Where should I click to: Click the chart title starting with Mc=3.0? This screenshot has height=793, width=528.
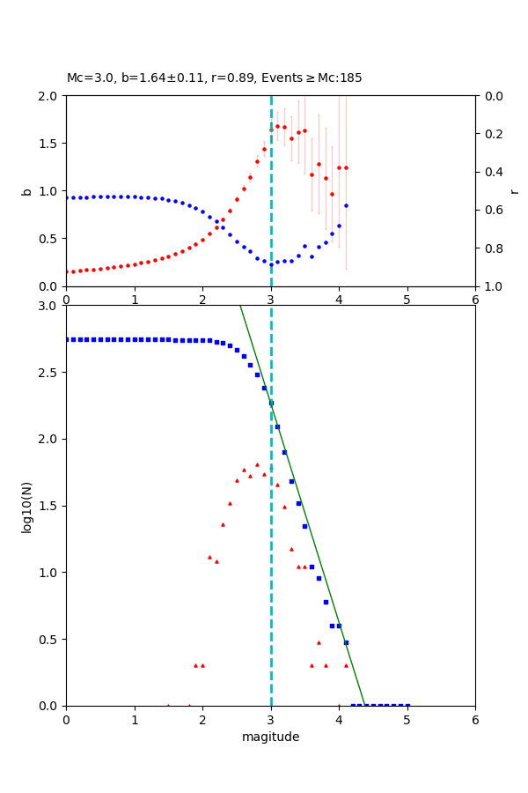pyautogui.click(x=214, y=78)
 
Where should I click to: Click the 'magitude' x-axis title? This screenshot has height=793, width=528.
pyautogui.click(x=270, y=737)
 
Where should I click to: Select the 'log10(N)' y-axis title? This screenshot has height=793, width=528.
pyautogui.click(x=26, y=506)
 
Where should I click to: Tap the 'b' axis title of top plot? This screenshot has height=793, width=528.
pyautogui.click(x=26, y=191)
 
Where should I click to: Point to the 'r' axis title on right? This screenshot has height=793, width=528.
pyautogui.click(x=515, y=191)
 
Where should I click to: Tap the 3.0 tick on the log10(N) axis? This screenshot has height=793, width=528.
pyautogui.click(x=49, y=306)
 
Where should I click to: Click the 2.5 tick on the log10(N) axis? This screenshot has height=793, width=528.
pyautogui.click(x=49, y=373)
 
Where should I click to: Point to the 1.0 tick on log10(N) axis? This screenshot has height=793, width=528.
pyautogui.click(x=49, y=573)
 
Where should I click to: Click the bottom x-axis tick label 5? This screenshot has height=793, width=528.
pyautogui.click(x=407, y=719)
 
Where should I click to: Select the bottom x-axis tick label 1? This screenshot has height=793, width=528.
pyautogui.click(x=135, y=719)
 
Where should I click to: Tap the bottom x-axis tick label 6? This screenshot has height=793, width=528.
pyautogui.click(x=475, y=719)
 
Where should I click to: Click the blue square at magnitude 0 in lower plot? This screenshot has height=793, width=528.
pyautogui.click(x=66, y=339)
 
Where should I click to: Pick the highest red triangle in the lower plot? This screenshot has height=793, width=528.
pyautogui.click(x=257, y=464)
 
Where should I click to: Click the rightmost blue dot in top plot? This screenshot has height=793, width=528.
pyautogui.click(x=346, y=205)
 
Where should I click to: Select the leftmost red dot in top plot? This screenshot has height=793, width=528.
pyautogui.click(x=66, y=271)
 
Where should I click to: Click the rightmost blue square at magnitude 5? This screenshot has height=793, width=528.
pyautogui.click(x=407, y=705)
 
